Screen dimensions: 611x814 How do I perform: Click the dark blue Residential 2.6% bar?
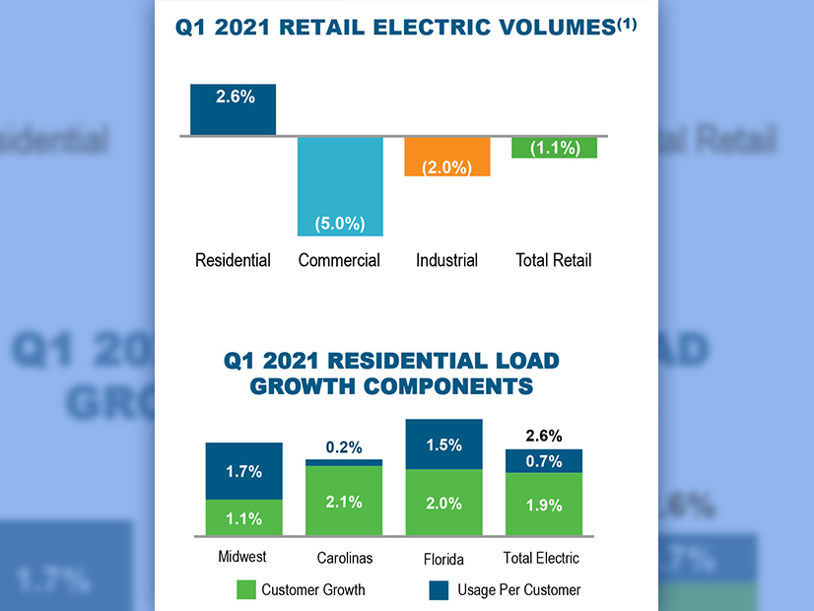(x=234, y=109)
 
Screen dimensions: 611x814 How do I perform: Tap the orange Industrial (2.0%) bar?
(x=446, y=156)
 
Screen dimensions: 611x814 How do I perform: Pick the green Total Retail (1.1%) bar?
(x=554, y=148)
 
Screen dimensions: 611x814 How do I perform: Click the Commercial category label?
(x=339, y=260)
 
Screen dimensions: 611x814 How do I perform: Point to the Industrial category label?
(x=446, y=260)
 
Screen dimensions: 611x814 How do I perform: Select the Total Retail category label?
(x=554, y=260)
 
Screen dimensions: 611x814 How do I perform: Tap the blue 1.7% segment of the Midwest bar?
(x=243, y=471)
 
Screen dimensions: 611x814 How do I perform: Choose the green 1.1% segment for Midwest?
(x=243, y=518)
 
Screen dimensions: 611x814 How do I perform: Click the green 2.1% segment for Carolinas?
(x=344, y=502)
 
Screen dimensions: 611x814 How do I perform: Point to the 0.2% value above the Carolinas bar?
(x=344, y=447)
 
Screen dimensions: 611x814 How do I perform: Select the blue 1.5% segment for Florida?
(x=443, y=443)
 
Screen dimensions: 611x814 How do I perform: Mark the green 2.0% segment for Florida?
(x=443, y=504)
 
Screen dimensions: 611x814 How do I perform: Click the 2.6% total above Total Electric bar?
(x=543, y=436)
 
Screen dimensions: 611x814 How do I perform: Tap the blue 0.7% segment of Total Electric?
(x=543, y=461)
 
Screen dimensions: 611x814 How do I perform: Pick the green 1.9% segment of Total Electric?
(x=543, y=505)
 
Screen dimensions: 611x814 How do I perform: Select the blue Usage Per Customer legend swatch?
(x=441, y=590)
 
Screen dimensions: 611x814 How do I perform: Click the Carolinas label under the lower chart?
(x=344, y=559)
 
